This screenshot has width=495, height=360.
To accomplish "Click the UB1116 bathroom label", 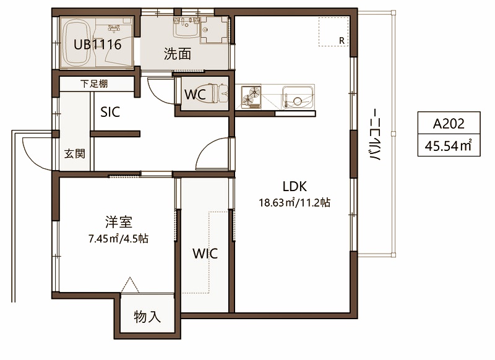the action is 98,45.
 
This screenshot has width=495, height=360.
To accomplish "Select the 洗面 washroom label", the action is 178,54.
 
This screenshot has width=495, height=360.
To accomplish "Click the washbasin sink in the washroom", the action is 186,27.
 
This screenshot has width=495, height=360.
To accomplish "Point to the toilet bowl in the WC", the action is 220,93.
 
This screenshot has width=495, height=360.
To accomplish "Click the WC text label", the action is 195,95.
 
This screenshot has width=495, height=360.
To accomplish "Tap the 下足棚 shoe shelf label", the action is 94,84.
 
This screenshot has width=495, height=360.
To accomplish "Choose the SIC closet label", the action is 110,112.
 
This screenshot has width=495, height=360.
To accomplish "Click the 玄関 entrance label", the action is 74,153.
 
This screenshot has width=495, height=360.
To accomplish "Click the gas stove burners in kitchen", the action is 251,96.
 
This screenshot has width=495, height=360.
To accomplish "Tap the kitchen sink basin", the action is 298,97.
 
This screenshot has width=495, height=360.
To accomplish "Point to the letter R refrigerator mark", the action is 342,41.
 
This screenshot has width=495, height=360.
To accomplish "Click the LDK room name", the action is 295,186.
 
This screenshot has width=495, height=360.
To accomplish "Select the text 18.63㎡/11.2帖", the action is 295,202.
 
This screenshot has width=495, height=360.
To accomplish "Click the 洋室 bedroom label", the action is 119,222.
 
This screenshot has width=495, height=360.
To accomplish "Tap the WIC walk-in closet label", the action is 205,254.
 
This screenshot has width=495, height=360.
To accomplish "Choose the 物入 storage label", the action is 147,317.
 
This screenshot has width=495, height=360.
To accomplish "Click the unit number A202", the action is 449,124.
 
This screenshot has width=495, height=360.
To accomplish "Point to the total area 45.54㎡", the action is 448,146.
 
